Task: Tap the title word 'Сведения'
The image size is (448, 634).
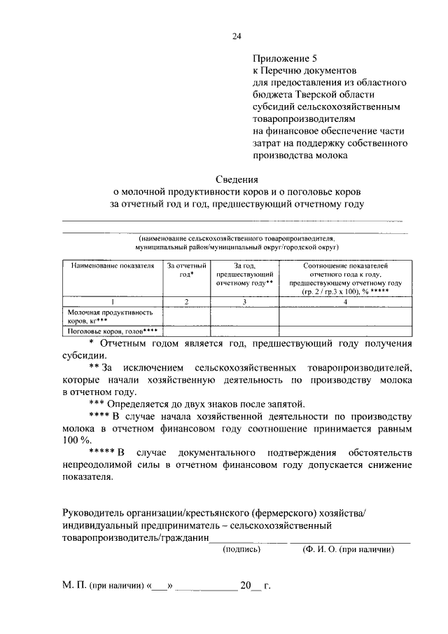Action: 237,179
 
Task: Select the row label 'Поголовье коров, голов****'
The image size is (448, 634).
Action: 112,331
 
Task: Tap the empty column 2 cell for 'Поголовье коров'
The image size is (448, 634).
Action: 186,331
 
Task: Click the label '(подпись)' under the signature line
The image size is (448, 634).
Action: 241,550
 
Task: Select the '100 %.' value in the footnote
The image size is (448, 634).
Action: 78,440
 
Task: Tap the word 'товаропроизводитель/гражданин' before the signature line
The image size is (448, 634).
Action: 135,537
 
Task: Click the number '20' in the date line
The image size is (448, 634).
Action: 246,585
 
